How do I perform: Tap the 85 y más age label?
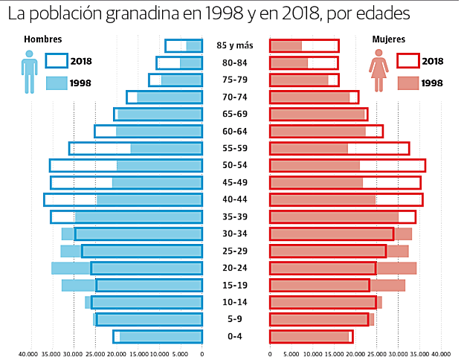click(235, 46)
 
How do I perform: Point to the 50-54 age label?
click(235, 165)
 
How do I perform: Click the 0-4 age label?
click(235, 336)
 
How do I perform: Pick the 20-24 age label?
click(235, 268)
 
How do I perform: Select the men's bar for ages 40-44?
click(123, 199)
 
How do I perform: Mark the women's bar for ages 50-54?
click(347, 165)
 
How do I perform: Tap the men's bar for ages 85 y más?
click(183, 46)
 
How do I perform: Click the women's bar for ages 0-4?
click(310, 336)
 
